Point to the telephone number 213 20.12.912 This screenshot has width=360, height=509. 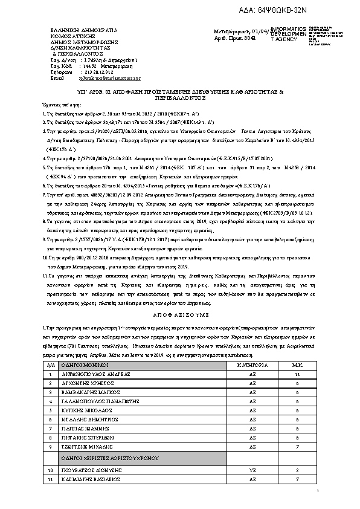tap(100, 72)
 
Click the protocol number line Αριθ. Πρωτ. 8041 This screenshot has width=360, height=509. tap(231, 37)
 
